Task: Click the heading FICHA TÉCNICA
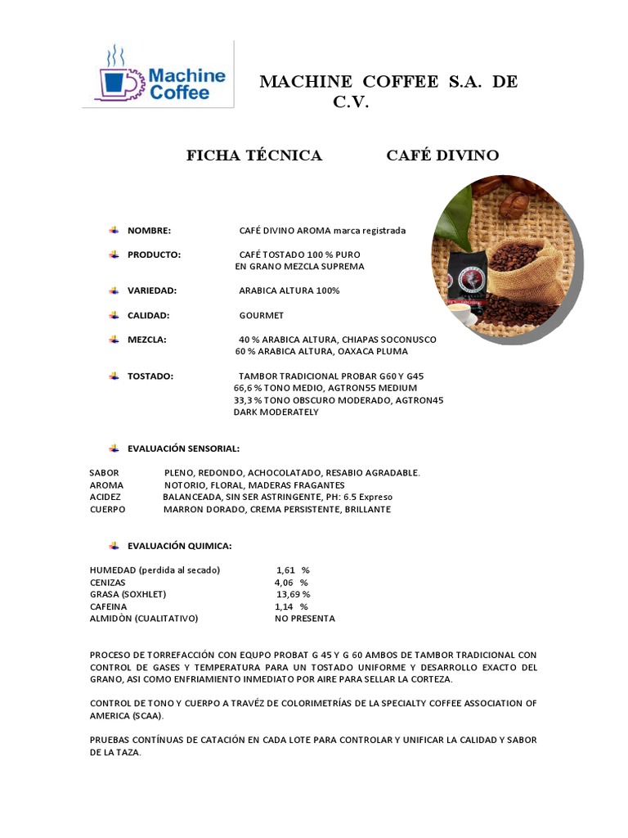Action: (254, 155)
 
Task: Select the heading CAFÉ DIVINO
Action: (442, 155)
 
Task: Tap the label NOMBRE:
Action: (149, 231)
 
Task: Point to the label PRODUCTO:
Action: (154, 255)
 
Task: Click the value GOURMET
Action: (262, 315)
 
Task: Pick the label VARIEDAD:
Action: (152, 291)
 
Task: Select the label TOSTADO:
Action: (150, 376)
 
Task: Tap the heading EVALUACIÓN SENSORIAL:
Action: (183, 448)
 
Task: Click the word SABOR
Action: (104, 473)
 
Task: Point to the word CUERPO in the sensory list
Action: (107, 509)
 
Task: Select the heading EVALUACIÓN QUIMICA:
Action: (179, 545)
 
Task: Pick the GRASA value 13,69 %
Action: (293, 594)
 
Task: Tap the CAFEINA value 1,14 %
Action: (291, 606)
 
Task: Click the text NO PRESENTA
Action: (304, 619)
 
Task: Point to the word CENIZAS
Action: (108, 582)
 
